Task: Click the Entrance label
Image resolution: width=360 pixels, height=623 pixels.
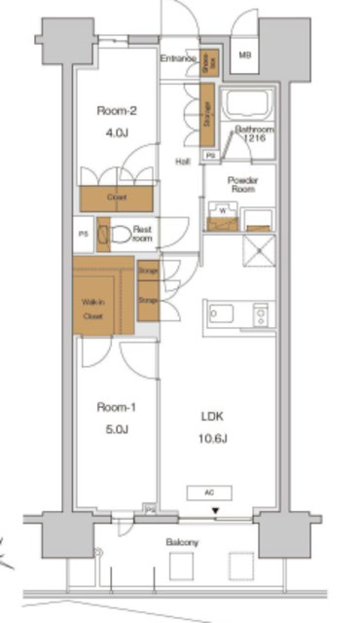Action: pyautogui.click(x=178, y=59)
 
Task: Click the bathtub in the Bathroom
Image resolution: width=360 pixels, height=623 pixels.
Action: pyautogui.click(x=249, y=107)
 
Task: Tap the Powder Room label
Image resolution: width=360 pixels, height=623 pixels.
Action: pyautogui.click(x=241, y=184)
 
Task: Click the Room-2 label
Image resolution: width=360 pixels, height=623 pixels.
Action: pyautogui.click(x=117, y=111)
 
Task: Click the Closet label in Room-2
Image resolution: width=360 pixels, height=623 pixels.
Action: pyautogui.click(x=117, y=198)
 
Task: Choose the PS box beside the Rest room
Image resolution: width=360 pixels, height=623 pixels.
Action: pyautogui.click(x=85, y=235)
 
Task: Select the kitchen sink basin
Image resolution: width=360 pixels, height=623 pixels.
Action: pyautogui.click(x=219, y=314)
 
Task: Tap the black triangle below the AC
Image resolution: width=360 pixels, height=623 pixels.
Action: pyautogui.click(x=216, y=509)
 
